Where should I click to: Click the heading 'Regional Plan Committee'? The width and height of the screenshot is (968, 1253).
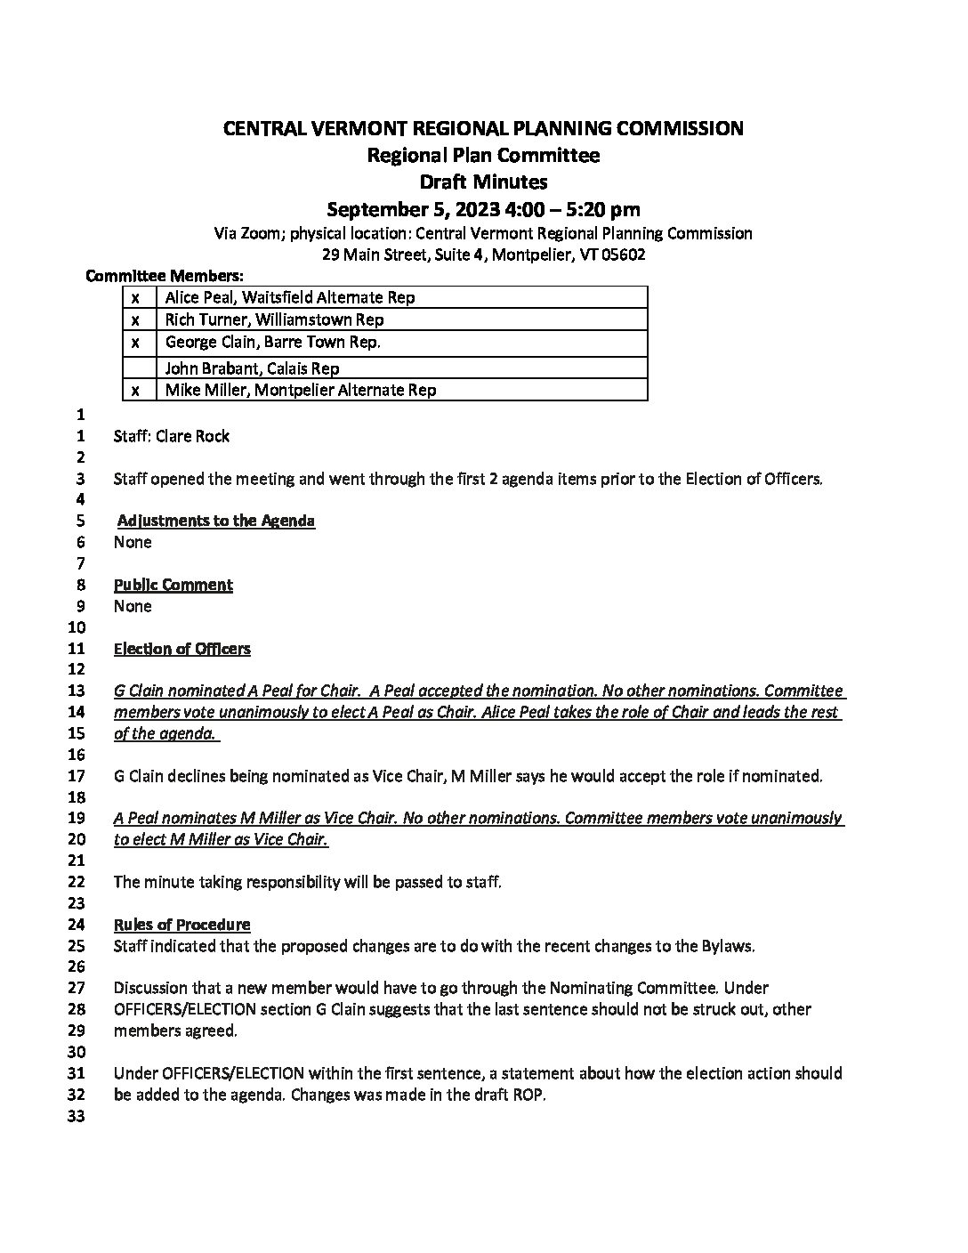(483, 156)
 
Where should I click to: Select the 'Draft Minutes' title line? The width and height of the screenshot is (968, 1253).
(483, 182)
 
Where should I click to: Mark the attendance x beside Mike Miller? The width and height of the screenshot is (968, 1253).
(136, 390)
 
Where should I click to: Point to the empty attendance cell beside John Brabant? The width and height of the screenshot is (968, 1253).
(139, 368)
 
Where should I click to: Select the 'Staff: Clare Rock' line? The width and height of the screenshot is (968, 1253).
(172, 436)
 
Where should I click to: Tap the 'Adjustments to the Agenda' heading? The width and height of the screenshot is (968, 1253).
(216, 521)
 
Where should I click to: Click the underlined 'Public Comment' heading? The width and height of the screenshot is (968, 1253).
(173, 585)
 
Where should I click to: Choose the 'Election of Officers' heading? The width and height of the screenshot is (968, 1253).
(182, 649)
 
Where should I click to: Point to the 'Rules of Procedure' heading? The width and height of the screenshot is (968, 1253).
(182, 925)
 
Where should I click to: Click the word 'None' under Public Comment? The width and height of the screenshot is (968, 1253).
(133, 606)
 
